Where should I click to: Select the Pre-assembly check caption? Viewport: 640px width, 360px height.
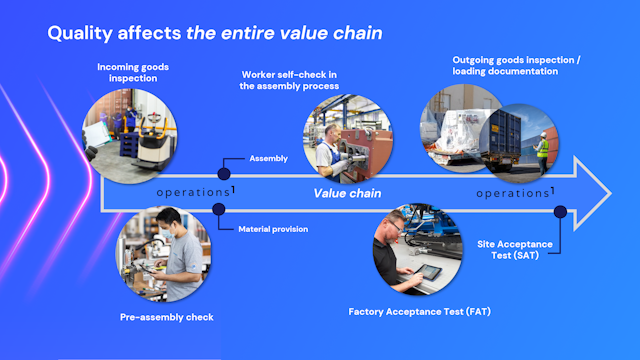point(166,317)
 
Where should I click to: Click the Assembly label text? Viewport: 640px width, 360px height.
point(268,158)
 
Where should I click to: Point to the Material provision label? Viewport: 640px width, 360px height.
point(273,229)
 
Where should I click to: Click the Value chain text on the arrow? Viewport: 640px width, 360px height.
point(348,193)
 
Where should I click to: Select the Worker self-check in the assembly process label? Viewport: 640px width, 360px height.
point(291,80)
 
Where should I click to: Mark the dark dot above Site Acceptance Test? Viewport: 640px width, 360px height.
point(560,211)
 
